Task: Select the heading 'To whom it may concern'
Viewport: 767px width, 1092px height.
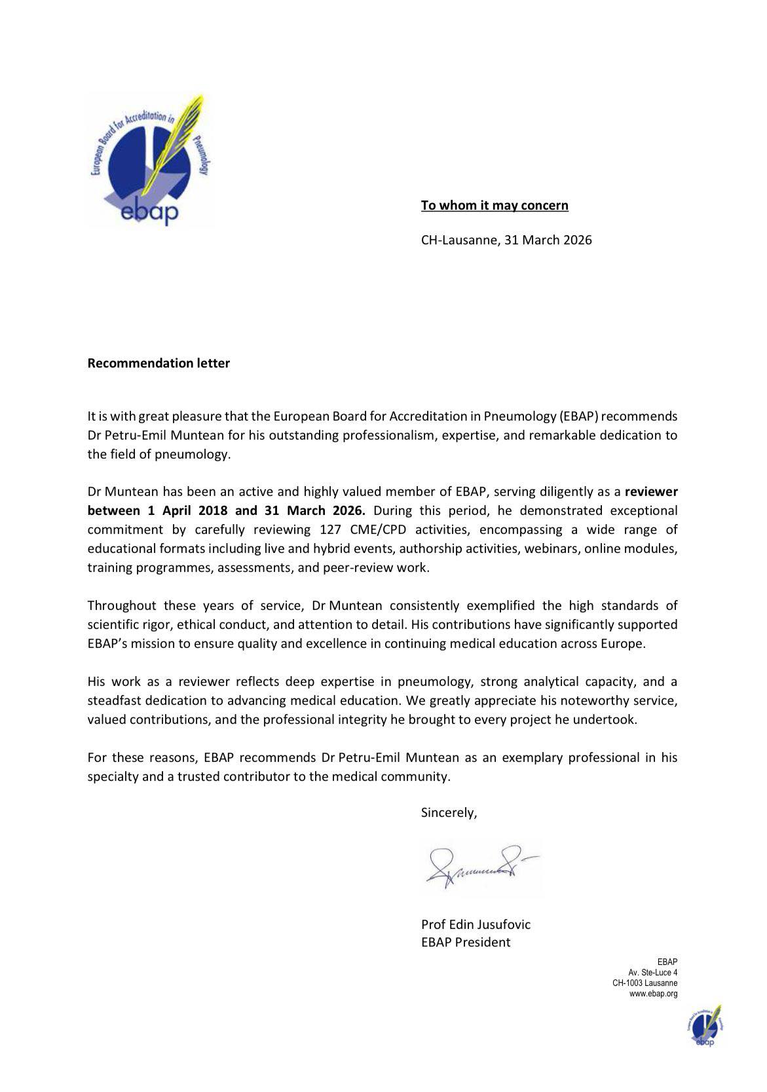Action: coord(495,206)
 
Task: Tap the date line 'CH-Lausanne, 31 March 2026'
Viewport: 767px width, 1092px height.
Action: coord(506,240)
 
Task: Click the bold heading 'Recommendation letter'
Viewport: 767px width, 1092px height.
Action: coord(159,363)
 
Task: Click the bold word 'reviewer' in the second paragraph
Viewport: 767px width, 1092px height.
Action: coord(651,491)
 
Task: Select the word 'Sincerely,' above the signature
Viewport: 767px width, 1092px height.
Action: coord(449,812)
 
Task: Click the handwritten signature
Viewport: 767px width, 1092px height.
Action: coord(481,867)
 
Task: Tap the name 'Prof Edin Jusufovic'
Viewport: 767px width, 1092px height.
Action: coord(476,924)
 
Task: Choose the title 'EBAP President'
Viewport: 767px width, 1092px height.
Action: coord(465,942)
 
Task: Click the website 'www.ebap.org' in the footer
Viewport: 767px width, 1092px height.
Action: coord(653,994)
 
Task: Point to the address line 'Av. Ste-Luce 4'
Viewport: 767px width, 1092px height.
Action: coord(653,973)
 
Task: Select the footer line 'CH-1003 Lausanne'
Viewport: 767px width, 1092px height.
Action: coord(645,983)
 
